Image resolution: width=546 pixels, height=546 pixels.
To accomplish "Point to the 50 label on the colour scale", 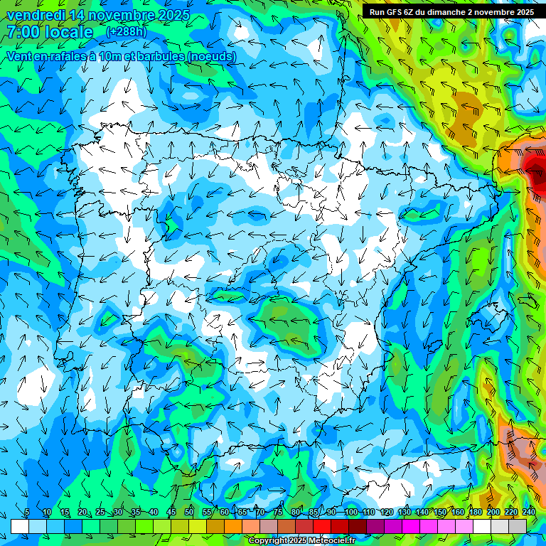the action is tap(189, 513).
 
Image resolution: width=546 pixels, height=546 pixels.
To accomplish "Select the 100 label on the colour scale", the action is tap(350, 513).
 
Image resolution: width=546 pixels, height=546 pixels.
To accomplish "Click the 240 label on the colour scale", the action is tap(528, 513).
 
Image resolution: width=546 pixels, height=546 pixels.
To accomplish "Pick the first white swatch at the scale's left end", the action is tap(19, 525).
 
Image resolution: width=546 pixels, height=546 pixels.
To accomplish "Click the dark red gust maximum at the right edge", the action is tap(535, 165).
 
